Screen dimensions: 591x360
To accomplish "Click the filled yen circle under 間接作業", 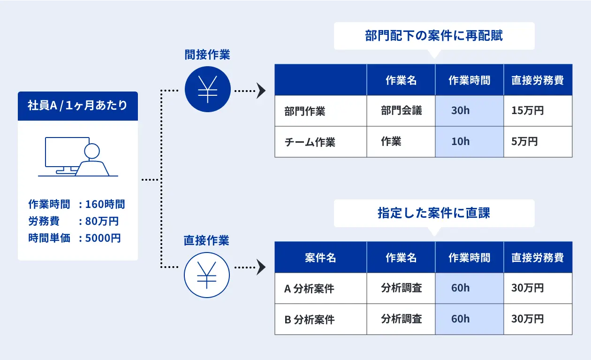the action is coord(208,89).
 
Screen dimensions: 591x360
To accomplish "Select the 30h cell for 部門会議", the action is coord(470,111).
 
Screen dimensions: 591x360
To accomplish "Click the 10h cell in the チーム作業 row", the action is coord(470,142).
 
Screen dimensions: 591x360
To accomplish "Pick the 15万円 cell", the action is coord(538,111).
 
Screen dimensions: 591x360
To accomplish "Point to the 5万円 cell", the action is coord(538,142).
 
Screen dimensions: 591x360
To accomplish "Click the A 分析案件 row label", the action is coord(309,289).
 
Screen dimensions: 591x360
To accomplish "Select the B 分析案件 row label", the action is coord(310,320).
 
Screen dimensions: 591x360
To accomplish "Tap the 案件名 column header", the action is coord(320,257).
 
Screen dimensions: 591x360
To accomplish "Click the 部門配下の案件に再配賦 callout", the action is coord(434,36).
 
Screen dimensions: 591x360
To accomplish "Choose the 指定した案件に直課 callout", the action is coord(434,213).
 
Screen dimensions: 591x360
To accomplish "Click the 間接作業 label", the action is coord(207,54).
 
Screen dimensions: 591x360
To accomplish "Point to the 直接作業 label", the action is coord(206,240).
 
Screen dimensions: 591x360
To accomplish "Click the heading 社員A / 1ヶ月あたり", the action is coord(77,105).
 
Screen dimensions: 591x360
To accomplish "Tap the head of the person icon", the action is coord(92,151).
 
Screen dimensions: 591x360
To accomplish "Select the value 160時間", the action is coord(105,204).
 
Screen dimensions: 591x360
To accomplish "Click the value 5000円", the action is coord(103,238).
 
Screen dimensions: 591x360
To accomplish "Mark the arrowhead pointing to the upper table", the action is coord(261,91).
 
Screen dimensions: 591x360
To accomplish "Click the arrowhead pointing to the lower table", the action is coord(261,268).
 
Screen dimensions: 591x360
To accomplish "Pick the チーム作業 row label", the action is coord(310,142).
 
